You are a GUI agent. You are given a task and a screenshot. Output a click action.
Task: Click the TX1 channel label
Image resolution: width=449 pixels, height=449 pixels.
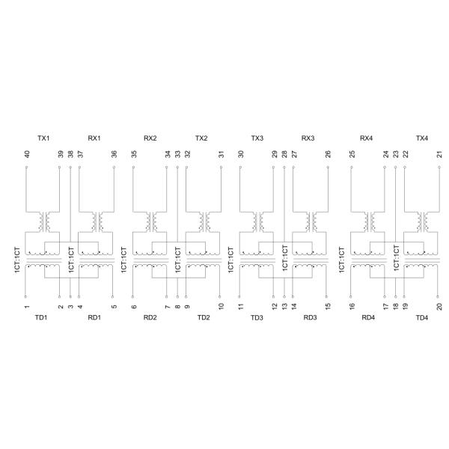(43, 138)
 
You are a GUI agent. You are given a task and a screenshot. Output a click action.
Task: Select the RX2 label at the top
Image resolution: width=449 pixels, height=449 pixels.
(150, 138)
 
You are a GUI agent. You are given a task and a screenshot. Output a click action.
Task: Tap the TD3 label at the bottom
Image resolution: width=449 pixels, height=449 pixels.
(257, 317)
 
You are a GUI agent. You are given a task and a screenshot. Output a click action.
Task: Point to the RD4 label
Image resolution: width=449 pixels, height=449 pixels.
(368, 317)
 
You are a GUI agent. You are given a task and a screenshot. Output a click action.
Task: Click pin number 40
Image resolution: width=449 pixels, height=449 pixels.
(27, 154)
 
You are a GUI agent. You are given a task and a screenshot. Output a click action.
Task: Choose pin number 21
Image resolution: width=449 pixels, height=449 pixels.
(439, 154)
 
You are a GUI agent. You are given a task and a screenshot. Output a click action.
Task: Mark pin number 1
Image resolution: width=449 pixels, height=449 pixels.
(27, 307)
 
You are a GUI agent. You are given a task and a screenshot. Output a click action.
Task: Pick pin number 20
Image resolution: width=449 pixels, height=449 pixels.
(439, 306)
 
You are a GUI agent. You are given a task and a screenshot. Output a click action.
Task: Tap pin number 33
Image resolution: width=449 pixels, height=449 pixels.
(178, 154)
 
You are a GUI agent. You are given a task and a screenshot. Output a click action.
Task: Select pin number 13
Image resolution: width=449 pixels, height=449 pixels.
(284, 306)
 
